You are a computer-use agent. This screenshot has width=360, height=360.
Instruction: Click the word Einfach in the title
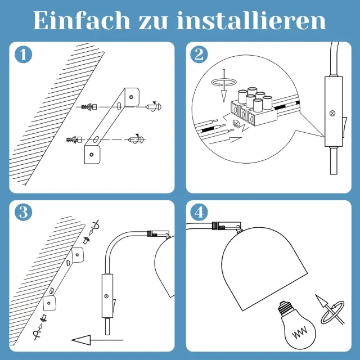point(82,20)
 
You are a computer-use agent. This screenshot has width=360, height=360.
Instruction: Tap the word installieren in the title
point(251,20)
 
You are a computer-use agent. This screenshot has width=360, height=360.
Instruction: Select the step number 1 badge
point(23,55)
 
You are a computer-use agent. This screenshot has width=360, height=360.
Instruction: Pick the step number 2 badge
point(199,55)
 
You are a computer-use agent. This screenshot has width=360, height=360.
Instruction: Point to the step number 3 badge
point(23,213)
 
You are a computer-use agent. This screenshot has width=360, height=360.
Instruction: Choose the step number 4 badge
point(199,213)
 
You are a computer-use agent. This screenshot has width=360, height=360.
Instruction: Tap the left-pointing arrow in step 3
point(97,340)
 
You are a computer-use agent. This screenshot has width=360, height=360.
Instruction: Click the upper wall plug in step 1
point(89,107)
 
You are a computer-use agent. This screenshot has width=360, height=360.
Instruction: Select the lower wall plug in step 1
point(74,139)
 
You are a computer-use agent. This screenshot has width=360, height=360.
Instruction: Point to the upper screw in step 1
point(154,106)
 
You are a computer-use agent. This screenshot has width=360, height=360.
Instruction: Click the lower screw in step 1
point(136,139)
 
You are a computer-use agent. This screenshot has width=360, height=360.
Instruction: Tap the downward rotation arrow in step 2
point(224,85)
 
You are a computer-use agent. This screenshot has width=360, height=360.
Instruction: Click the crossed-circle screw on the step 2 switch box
point(332,113)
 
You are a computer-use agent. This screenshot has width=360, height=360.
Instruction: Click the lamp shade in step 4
point(264,268)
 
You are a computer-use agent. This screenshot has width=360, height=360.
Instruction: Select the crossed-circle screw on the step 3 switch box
point(106,296)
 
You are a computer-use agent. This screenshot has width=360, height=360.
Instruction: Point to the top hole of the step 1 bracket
point(131,97)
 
